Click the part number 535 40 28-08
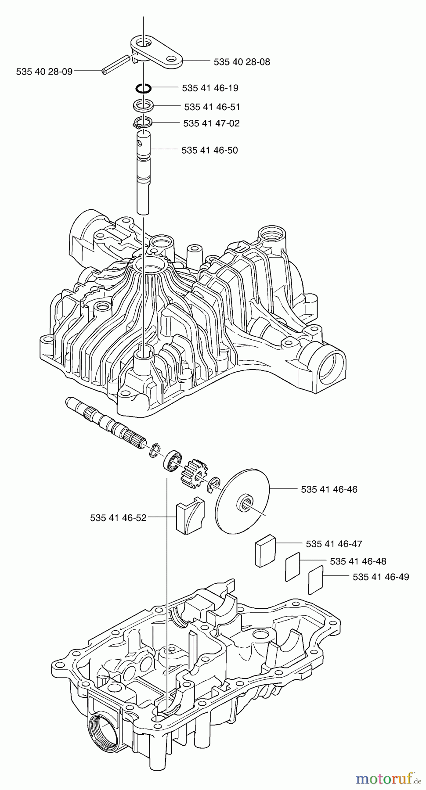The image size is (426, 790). tap(242, 62)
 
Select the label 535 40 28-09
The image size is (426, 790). tap(44, 71)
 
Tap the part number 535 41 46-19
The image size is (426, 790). tap(210, 88)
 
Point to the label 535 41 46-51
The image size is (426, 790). tap(212, 107)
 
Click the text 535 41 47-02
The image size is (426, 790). tap(211, 123)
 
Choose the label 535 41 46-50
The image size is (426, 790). tap(209, 151)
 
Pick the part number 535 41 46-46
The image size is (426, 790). tap(329, 489)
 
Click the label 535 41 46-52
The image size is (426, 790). tap(118, 518)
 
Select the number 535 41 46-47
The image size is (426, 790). tap(334, 544)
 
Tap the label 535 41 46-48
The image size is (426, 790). tap(358, 561)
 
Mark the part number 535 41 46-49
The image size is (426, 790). tap(381, 577)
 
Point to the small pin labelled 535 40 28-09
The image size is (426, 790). tap(116, 64)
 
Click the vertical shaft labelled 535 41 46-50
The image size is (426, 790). tap(143, 176)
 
